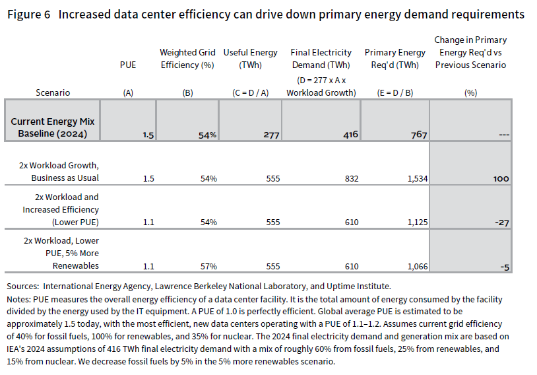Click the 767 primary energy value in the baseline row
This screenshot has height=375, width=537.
click(418, 135)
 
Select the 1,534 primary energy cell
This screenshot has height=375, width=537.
click(414, 178)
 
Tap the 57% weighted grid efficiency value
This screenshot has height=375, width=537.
click(209, 266)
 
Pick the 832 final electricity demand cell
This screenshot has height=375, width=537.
click(350, 178)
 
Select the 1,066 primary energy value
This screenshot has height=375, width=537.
click(414, 266)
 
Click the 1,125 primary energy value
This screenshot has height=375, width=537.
click(414, 222)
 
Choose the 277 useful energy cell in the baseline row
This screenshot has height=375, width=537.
click(271, 135)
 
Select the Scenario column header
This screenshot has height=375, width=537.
click(53, 93)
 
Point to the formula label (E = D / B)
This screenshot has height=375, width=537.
click(394, 93)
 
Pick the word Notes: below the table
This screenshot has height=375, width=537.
click(18, 298)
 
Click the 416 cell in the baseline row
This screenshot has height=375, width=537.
click(350, 135)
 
